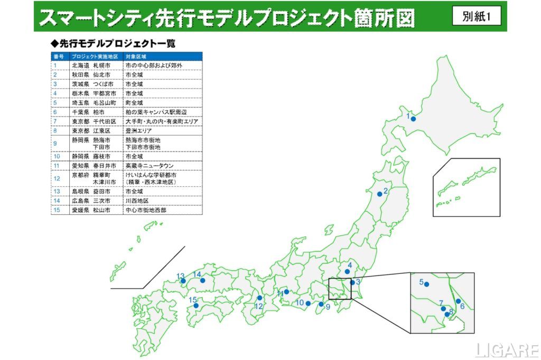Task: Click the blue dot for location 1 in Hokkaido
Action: [413, 119]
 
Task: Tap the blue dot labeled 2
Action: [380, 194]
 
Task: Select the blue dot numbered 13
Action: [184, 280]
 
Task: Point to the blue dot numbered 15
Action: [196, 305]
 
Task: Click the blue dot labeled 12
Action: [259, 298]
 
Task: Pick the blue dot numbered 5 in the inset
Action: [426, 285]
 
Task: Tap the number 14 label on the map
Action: [197, 274]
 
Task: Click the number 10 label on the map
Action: [300, 302]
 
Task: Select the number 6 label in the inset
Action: [462, 306]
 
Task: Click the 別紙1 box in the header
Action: [477, 16]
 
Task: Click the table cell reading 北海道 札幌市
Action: [91, 65]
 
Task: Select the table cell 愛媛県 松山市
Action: [91, 210]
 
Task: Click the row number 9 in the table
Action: [55, 144]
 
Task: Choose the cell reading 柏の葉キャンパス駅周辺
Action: [156, 112]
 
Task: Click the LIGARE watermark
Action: [506, 349]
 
